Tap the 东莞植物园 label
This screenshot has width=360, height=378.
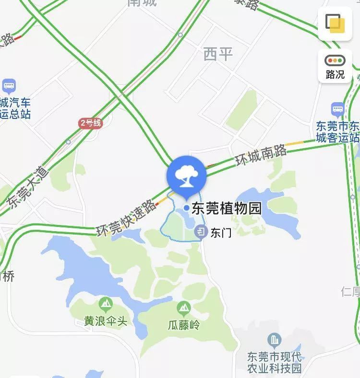tap(227, 209)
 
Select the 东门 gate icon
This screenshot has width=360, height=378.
tap(201, 233)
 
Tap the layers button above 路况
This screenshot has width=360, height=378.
tap(335, 23)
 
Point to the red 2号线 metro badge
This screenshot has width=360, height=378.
tap(91, 123)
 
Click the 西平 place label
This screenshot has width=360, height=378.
tap(218, 54)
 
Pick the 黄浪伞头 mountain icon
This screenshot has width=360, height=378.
tap(106, 303)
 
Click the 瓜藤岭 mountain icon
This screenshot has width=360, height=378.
tap(184, 307)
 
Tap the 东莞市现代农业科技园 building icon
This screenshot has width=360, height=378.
tap(275, 341)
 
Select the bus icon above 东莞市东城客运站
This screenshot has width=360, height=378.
tap(338, 109)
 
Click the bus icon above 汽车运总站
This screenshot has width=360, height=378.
tap(9, 86)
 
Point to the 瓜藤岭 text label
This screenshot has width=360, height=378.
tap(183, 325)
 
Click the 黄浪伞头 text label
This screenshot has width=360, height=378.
tap(106, 321)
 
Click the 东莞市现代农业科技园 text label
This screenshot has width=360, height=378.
tap(274, 363)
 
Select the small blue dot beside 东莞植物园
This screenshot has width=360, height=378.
tap(186, 208)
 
